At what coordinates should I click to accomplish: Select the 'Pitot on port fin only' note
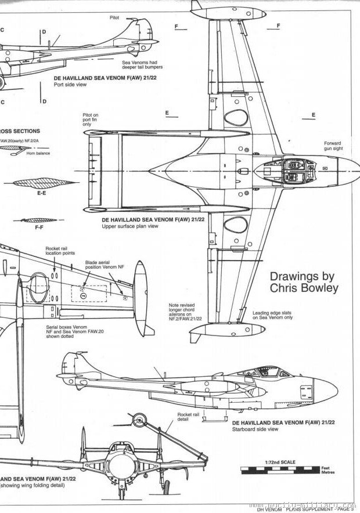[x=91, y=120]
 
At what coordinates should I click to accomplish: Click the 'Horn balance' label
[x=35, y=153]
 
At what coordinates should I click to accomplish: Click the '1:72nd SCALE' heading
[x=279, y=463]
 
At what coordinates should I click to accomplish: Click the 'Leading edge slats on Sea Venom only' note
[x=272, y=316]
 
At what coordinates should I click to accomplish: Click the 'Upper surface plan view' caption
[x=131, y=227]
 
